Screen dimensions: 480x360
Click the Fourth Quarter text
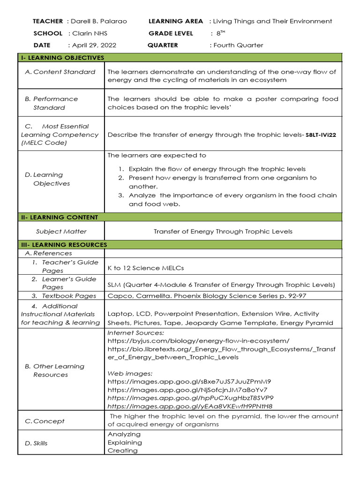238,45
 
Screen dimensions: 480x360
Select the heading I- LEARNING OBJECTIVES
62,58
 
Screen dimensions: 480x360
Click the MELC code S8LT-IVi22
321,135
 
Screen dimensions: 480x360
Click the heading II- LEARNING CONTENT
60,217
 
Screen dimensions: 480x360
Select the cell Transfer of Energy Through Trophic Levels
223,232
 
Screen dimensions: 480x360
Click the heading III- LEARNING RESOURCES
64,245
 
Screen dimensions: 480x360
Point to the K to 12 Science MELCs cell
146,268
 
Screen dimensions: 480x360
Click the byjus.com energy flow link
198,340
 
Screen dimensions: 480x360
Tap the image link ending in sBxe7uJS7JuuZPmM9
189,382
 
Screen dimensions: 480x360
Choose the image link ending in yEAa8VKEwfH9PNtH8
190,406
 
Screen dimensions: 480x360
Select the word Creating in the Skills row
123,450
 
